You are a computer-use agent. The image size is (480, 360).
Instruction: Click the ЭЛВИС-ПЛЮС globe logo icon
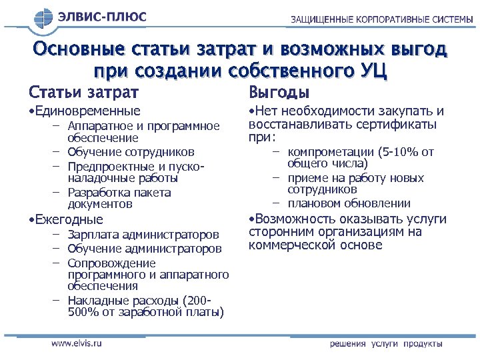point(43,18)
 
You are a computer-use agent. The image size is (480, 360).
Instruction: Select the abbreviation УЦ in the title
point(371,70)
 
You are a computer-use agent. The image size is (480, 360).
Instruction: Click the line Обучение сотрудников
point(131,152)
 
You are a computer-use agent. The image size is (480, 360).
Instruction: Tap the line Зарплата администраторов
point(143,235)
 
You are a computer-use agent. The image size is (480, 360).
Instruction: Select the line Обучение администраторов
point(145,249)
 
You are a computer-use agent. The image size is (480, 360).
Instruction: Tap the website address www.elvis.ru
point(77,343)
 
